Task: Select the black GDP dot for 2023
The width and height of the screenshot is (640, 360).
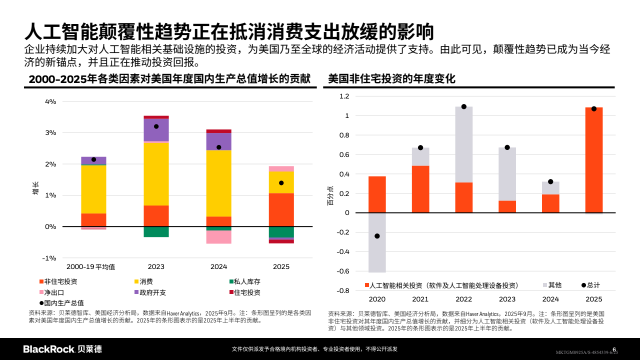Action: click(156, 126)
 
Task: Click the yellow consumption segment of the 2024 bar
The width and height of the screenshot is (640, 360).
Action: click(218, 182)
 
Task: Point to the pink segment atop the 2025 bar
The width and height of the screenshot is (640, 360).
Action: click(281, 169)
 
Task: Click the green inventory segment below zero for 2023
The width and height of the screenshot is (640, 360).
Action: click(156, 231)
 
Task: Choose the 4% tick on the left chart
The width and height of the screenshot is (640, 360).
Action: click(50, 101)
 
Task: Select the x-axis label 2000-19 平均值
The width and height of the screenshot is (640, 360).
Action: click(91, 267)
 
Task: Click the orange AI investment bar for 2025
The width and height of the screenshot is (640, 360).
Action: click(593, 160)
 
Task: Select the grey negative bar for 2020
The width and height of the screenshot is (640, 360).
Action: click(377, 242)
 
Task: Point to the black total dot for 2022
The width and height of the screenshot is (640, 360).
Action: click(463, 106)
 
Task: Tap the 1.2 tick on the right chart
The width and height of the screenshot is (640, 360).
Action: click(344, 96)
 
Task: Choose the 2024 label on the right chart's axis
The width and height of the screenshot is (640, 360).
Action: click(550, 299)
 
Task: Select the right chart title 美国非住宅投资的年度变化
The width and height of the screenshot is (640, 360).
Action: click(391, 78)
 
